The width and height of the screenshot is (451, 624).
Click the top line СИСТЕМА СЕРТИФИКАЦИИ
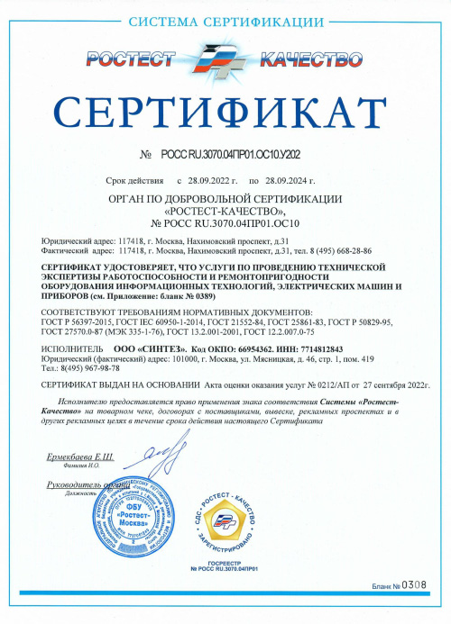(225, 20)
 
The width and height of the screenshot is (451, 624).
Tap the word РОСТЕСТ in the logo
(132, 59)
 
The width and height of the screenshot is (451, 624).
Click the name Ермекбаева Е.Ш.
(80, 458)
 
